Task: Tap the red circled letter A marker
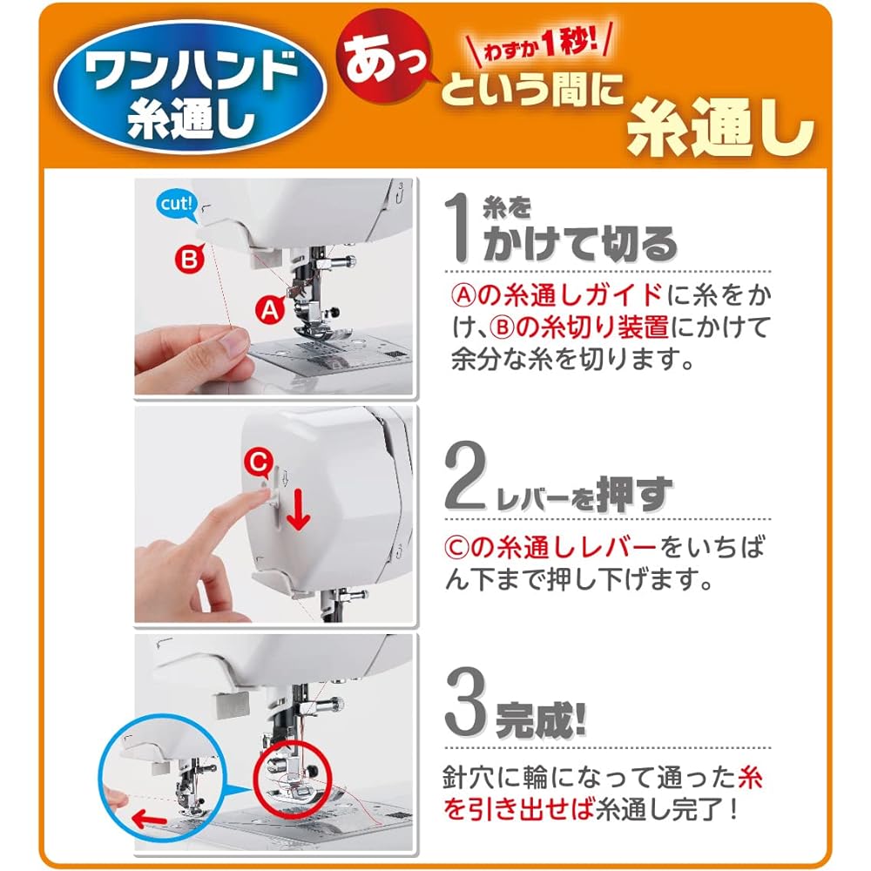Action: (x=270, y=310)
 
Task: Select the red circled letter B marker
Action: (x=190, y=259)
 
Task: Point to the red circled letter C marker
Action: (x=259, y=463)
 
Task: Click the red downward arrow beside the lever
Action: (x=298, y=510)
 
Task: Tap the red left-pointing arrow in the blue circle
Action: (x=149, y=819)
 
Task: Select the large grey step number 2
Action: (x=465, y=476)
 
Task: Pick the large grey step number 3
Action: (x=465, y=701)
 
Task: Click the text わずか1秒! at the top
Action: (x=540, y=44)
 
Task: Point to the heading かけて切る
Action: (x=579, y=244)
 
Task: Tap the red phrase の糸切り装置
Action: (x=591, y=327)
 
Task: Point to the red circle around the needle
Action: (x=292, y=778)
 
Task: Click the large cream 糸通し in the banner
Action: (x=719, y=130)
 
